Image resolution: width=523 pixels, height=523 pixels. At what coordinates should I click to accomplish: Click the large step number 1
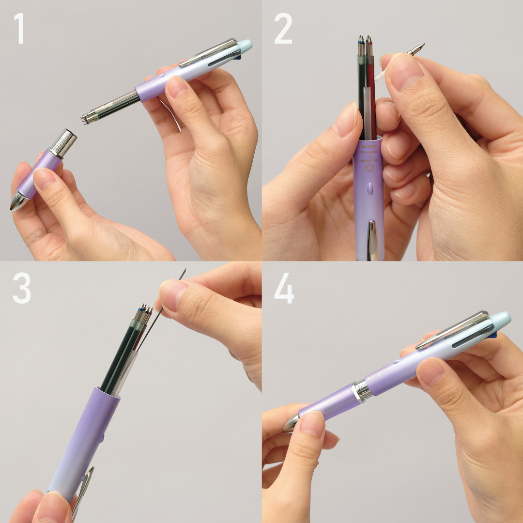click(20, 29)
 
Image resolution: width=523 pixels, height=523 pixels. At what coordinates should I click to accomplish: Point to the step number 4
click(284, 290)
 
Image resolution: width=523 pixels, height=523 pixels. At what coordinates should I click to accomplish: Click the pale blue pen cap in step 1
click(245, 46)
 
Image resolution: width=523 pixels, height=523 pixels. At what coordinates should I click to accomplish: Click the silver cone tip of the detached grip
click(18, 201)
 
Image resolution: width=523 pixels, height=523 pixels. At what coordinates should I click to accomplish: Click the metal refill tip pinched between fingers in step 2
click(415, 48)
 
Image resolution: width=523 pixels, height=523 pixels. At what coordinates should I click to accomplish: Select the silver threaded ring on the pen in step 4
click(361, 390)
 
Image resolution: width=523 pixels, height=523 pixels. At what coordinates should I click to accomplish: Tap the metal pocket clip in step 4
click(453, 329)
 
